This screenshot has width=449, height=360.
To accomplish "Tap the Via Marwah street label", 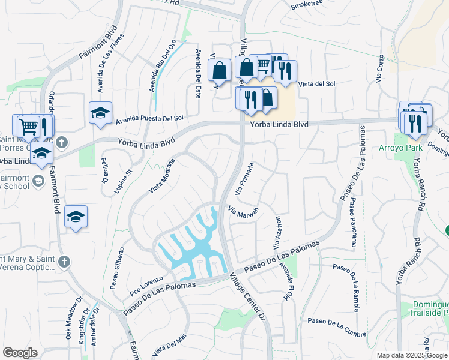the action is click(243, 212).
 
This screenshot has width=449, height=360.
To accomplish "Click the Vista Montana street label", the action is click(161, 176).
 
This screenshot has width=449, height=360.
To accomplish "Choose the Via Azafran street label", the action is click(277, 233).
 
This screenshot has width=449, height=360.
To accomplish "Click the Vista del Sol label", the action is click(317, 84).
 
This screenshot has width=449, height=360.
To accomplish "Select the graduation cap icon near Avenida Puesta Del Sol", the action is click(101, 112).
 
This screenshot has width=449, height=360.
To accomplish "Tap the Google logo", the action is click(20, 353).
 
